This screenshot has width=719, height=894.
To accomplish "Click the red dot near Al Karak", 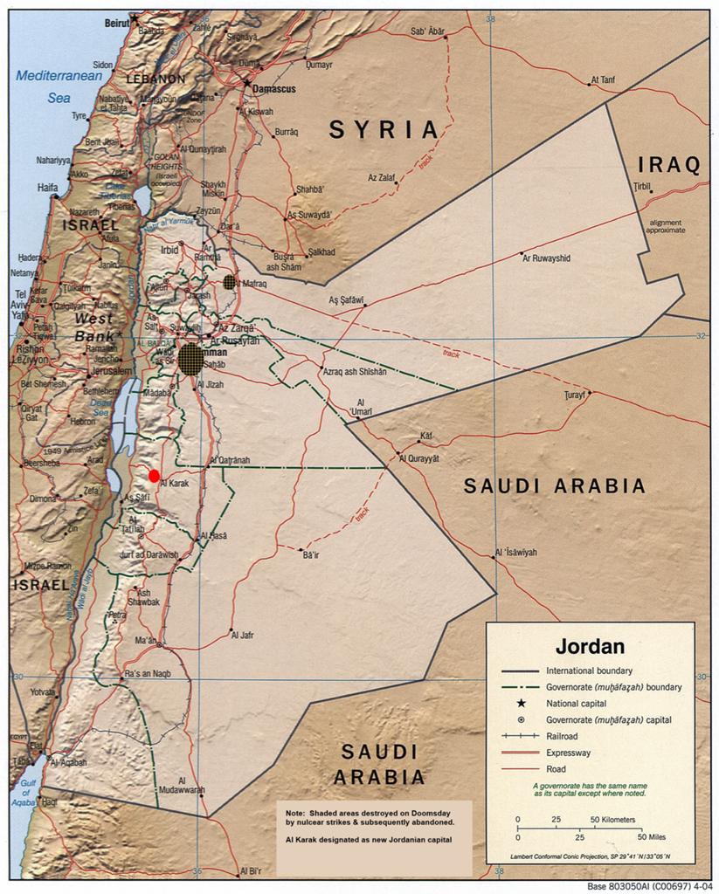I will [155, 476].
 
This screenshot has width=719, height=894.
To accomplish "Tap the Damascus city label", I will [274, 89].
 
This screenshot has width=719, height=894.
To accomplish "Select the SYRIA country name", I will [384, 130].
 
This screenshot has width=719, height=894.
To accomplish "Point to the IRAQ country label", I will [669, 164].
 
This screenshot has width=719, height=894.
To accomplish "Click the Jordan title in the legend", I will [590, 647].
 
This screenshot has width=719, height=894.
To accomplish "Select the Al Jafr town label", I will [242, 636].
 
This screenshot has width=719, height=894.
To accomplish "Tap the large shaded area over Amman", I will [192, 358].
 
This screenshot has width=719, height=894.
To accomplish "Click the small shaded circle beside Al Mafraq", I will [230, 282].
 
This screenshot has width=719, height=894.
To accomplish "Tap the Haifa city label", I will [47, 187].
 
